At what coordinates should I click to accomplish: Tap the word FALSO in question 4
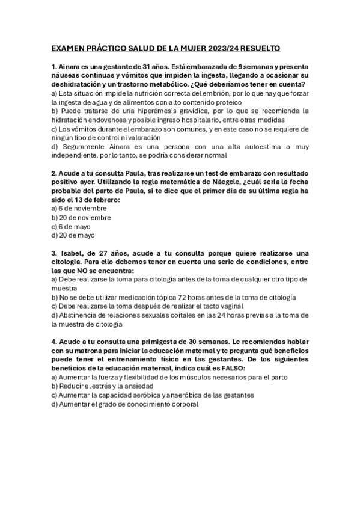[225, 368]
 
